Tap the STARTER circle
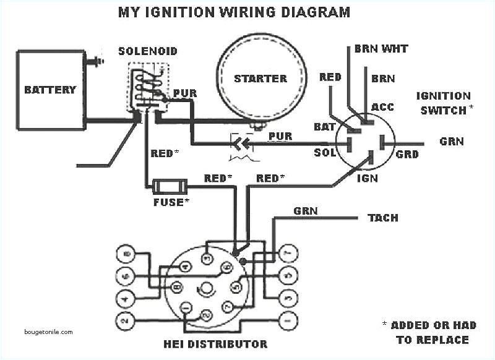pos(260,78)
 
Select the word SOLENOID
pos(147,50)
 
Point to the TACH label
pos(383,218)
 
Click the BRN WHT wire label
pos(381,48)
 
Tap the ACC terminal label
pos(382,108)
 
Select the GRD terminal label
pos(407,155)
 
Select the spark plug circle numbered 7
pos(286,254)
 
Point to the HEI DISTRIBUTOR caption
pos(206,344)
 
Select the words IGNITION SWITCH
pos(443,103)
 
